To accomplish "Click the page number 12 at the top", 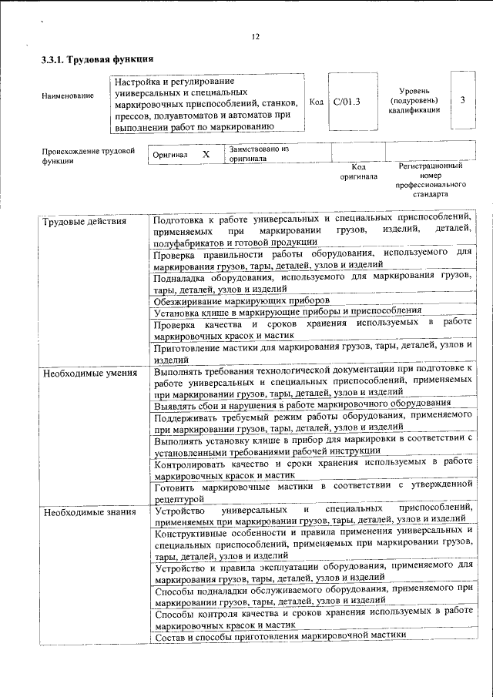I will click(x=256, y=36).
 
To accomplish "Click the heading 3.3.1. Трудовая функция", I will click(x=98, y=59).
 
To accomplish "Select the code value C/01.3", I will click(x=347, y=101).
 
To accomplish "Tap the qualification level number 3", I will click(x=461, y=100).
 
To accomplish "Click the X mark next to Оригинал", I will click(x=206, y=154).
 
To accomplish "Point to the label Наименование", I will click(x=69, y=96).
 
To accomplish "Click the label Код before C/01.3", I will click(x=316, y=101).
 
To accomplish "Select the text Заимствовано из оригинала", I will click(x=259, y=153).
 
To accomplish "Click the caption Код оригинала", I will click(x=358, y=171).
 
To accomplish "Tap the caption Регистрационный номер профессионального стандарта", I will click(x=431, y=180).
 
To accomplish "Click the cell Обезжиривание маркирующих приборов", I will click(x=242, y=300).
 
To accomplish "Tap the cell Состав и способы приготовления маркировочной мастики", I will click(x=280, y=636).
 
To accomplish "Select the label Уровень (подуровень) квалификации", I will click(x=414, y=100).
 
